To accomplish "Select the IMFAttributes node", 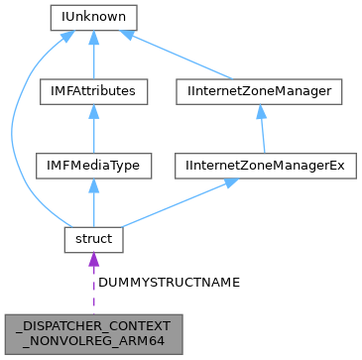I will [92, 91].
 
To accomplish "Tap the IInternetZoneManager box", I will [260, 91].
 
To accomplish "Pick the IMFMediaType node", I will [92, 166].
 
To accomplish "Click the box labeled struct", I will [92, 239].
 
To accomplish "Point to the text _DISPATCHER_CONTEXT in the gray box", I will [92, 325].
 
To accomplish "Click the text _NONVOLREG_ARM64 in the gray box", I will [92, 340].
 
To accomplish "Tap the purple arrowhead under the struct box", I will [92, 261].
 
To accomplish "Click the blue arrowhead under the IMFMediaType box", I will [92, 186].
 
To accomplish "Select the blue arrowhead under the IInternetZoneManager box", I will [261, 112].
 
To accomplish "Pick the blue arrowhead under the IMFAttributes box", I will [92, 112].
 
